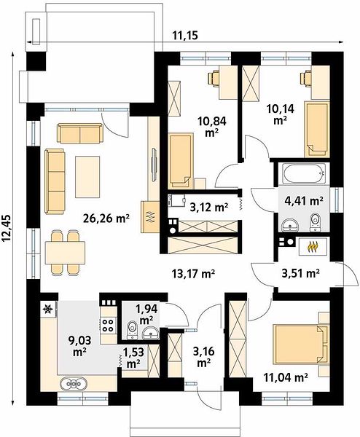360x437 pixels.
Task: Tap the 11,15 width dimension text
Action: [185, 36]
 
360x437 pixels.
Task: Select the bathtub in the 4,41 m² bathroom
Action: [304, 174]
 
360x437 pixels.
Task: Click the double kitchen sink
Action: [73, 385]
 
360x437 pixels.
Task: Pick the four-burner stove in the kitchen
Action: [108, 326]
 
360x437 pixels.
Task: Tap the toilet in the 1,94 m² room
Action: [132, 331]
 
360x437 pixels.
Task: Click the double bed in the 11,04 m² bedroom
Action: [299, 344]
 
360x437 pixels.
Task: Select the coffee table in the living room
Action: [87, 177]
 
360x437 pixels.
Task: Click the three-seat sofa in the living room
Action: [55, 181]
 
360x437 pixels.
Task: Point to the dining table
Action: [65, 253]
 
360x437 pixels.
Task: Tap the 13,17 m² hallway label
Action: [193, 274]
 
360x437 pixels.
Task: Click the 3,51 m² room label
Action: [300, 273]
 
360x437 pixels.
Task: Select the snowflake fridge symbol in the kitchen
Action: [49, 310]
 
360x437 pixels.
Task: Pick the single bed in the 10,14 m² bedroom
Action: [317, 129]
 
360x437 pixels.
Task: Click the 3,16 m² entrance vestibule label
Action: [203, 358]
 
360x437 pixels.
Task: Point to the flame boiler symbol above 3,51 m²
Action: [313, 247]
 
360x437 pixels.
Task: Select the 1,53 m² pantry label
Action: [133, 358]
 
